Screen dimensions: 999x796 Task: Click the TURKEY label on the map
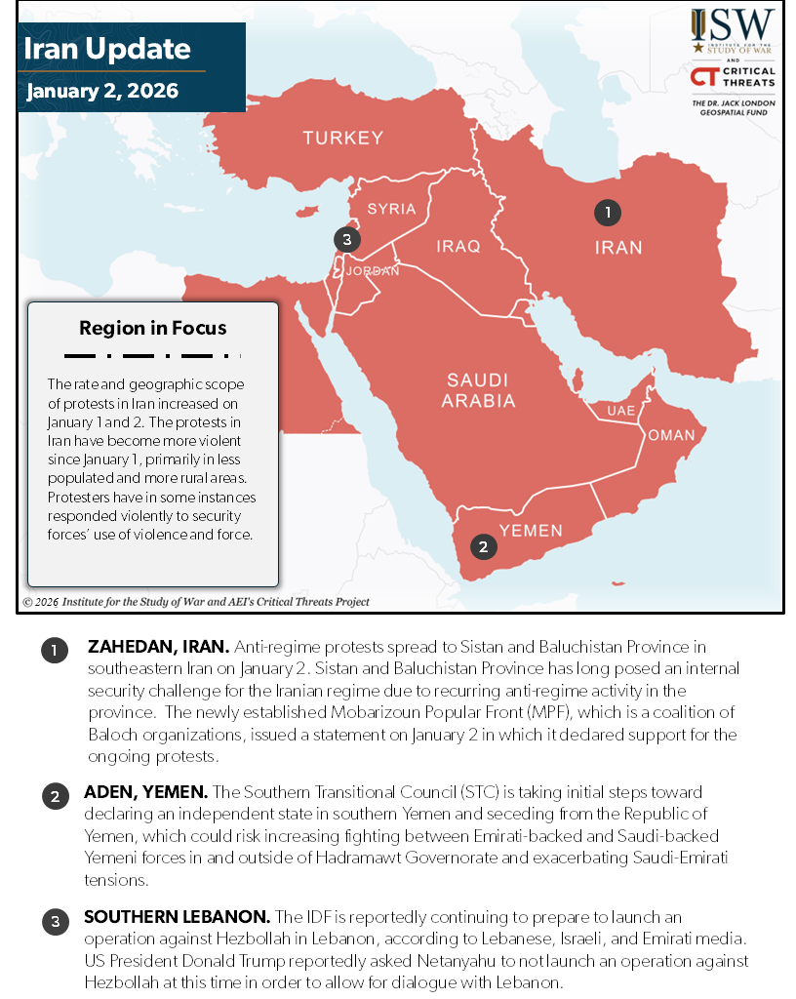tap(342, 138)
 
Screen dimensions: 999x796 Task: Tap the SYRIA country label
tap(391, 209)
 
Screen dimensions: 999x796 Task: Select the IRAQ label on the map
tap(458, 247)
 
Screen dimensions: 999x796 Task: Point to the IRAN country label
tap(618, 248)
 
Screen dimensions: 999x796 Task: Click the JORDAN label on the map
tap(373, 271)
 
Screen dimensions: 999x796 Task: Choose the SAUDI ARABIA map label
tap(478, 390)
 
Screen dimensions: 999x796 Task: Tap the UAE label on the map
tap(620, 411)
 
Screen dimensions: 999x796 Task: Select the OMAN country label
tap(671, 435)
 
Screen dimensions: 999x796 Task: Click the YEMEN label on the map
tap(531, 531)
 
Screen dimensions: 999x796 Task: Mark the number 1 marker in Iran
tap(607, 212)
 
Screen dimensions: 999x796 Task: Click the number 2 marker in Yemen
tap(483, 546)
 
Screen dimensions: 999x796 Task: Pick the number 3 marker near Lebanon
tap(346, 239)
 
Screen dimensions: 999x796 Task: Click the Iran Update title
tap(107, 49)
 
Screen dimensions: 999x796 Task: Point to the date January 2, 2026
tap(102, 91)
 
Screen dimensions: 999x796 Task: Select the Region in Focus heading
tap(153, 328)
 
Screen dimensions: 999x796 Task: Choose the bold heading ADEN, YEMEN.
tap(146, 792)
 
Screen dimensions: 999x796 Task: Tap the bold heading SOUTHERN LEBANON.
tap(177, 918)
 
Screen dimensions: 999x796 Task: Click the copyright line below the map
tap(196, 602)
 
